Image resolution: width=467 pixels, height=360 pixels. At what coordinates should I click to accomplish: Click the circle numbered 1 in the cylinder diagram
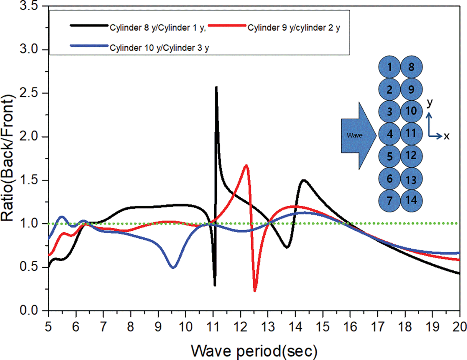coord(389,67)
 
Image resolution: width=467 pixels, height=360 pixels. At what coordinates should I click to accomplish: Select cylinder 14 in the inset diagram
coord(411,201)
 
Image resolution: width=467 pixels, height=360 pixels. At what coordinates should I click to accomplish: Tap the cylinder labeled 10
coord(411,111)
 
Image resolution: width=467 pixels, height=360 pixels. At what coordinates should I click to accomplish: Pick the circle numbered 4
coord(389,134)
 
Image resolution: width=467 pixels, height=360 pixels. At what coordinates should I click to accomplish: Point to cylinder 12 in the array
coord(411,156)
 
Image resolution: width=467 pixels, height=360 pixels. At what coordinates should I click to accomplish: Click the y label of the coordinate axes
coord(430,103)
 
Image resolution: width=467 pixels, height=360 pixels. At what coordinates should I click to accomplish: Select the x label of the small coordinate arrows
coord(446,136)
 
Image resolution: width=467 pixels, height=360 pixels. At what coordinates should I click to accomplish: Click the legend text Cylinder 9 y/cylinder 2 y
coord(293,28)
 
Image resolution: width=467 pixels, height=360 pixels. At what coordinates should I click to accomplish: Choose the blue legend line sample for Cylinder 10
coord(89,46)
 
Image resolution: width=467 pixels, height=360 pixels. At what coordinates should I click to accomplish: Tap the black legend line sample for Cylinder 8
coord(89,26)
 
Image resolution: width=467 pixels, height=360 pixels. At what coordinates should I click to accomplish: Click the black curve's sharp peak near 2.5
coord(216,87)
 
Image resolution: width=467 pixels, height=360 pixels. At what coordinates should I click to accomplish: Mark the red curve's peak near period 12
coord(246,166)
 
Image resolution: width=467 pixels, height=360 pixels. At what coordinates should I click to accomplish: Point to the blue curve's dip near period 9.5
coord(173,267)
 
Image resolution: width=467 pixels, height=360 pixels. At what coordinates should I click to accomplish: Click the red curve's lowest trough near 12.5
coord(255,290)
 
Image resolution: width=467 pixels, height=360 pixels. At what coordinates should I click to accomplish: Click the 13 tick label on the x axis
coord(268,327)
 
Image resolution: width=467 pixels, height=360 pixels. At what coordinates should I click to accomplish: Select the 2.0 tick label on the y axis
coord(29,137)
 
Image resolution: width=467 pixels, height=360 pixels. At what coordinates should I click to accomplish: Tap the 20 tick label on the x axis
coord(460,327)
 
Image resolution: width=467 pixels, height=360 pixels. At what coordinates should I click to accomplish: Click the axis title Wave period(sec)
coord(254,351)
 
